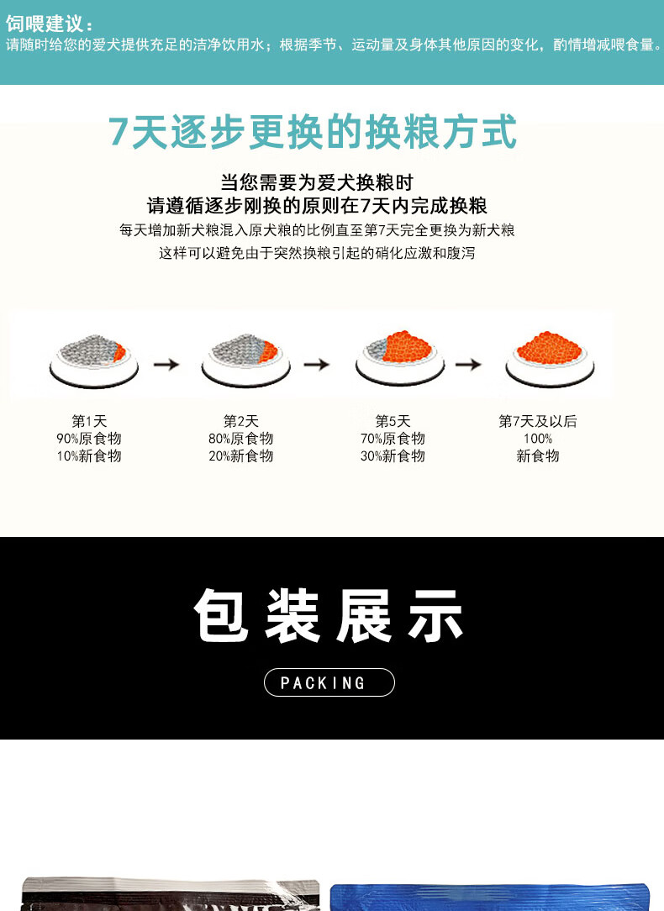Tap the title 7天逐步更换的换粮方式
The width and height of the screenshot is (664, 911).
tap(313, 132)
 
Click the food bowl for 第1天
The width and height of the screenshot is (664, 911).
tap(94, 361)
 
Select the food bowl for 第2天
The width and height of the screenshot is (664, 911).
tap(245, 361)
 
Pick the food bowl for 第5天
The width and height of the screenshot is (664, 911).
tap(400, 359)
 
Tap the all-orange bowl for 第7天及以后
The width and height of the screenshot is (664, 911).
tap(550, 359)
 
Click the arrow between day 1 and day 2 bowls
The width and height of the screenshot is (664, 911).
tap(166, 364)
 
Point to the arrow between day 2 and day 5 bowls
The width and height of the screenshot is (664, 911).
tap(317, 364)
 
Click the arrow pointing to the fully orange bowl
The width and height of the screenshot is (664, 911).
tap(468, 364)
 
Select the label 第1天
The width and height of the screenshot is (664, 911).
tap(89, 421)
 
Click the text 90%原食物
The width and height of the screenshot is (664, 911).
tap(89, 438)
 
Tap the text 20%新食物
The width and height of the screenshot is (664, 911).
tap(241, 455)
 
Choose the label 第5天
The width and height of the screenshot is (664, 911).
tap(393, 421)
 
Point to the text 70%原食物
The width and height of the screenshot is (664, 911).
tap(393, 438)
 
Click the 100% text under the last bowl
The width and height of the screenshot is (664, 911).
tap(538, 438)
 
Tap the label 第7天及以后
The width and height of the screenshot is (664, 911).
tap(538, 421)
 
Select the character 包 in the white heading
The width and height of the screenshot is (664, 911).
tap(221, 614)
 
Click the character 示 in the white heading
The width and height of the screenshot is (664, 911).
tap(435, 614)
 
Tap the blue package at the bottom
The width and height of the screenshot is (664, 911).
tap(490, 897)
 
